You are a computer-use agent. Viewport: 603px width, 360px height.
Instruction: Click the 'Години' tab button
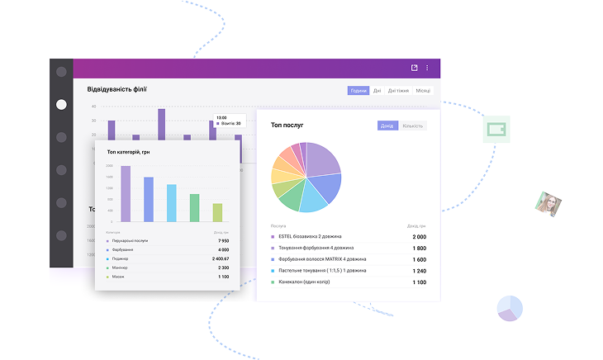(358, 91)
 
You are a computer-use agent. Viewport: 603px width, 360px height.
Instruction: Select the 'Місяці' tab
(423, 91)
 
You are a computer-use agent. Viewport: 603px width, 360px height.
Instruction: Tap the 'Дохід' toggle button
(387, 126)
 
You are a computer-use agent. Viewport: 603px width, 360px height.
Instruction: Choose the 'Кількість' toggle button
(412, 126)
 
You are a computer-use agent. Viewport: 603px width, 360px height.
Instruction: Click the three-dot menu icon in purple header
(427, 68)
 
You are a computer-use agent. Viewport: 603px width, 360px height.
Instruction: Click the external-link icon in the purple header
(414, 68)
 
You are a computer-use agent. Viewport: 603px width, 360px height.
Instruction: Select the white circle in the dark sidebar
(61, 105)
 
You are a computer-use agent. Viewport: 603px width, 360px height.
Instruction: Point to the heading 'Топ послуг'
(287, 126)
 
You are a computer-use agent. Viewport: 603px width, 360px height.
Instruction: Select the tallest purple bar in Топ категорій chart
(126, 193)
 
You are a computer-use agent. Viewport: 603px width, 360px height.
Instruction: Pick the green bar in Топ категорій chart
(194, 207)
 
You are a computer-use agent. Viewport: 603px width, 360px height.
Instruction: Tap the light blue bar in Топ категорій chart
(172, 202)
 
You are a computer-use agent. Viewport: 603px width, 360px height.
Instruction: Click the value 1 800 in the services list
(419, 248)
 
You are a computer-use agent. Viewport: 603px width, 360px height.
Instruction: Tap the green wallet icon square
(496, 130)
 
